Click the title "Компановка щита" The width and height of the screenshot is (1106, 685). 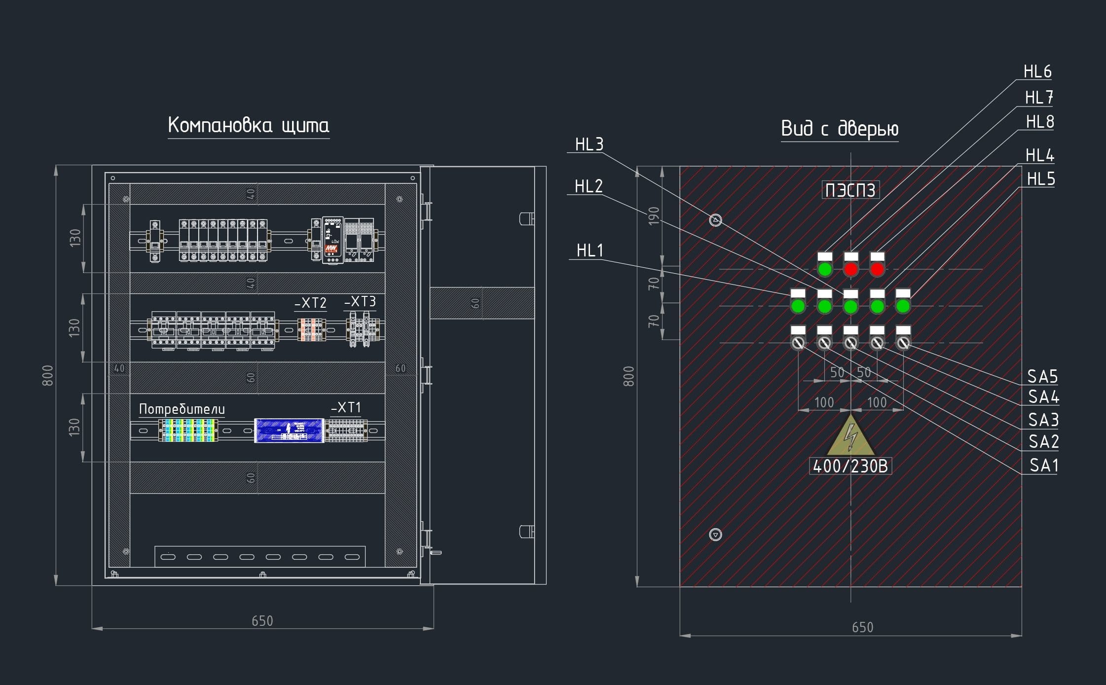pyautogui.click(x=248, y=125)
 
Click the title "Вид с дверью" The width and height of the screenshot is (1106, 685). pyautogui.click(x=839, y=129)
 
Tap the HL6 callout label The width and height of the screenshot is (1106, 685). pyautogui.click(x=1037, y=72)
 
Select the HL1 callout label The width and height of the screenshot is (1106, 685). pyautogui.click(x=590, y=251)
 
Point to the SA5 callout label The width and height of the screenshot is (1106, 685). pyautogui.click(x=1042, y=377)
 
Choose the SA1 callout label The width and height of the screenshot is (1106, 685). pyautogui.click(x=1043, y=466)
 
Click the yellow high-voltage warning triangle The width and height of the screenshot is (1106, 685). pyautogui.click(x=850, y=436)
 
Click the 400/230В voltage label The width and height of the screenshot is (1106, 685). pyautogui.click(x=850, y=467)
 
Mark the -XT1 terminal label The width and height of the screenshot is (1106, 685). pyautogui.click(x=346, y=408)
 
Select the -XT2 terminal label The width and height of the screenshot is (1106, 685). pyautogui.click(x=310, y=303)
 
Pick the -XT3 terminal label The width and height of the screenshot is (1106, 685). pyautogui.click(x=360, y=302)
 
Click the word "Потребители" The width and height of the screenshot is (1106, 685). pyautogui.click(x=182, y=409)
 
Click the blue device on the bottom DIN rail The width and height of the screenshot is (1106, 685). pyautogui.click(x=289, y=431)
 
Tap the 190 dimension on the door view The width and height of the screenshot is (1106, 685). pyautogui.click(x=653, y=216)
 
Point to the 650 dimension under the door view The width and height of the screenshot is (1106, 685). pyautogui.click(x=862, y=627)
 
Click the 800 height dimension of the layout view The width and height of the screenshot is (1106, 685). pyautogui.click(x=47, y=375)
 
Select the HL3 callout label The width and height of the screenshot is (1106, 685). pyautogui.click(x=589, y=144)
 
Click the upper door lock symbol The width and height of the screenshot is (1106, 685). pyautogui.click(x=715, y=220)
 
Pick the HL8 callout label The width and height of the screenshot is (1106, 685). pyautogui.click(x=1040, y=122)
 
